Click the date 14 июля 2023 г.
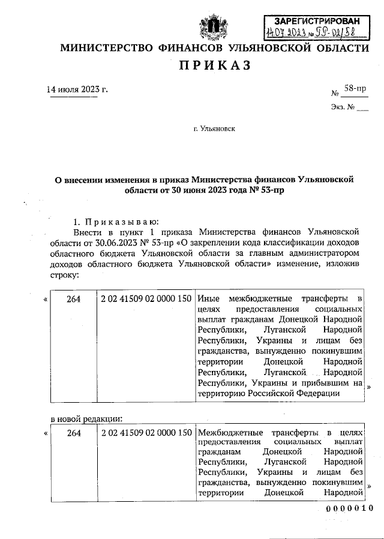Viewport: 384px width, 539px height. point(77,90)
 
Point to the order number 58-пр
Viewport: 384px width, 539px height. point(355,89)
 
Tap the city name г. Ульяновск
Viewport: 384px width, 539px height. point(214,128)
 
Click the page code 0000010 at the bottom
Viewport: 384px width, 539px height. point(349,508)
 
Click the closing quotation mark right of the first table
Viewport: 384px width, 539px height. point(369,387)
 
